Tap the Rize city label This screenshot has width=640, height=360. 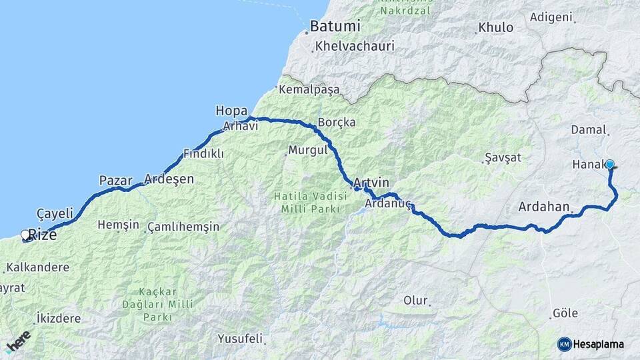point(43,235)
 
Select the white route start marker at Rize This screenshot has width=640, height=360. point(25,235)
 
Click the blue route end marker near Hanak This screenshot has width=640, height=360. point(609,163)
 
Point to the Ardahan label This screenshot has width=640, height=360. point(543,207)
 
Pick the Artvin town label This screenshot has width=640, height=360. point(371,183)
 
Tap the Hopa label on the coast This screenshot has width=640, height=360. point(231,111)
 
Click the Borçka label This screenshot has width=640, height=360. point(337,123)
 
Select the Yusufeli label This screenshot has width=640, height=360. point(240,339)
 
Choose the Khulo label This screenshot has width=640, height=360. point(497,28)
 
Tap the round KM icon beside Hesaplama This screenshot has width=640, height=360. point(565,344)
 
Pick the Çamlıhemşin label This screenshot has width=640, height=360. point(183,227)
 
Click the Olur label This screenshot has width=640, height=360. point(415,301)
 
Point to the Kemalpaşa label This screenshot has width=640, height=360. point(309,89)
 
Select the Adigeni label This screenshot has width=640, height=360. point(551,17)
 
